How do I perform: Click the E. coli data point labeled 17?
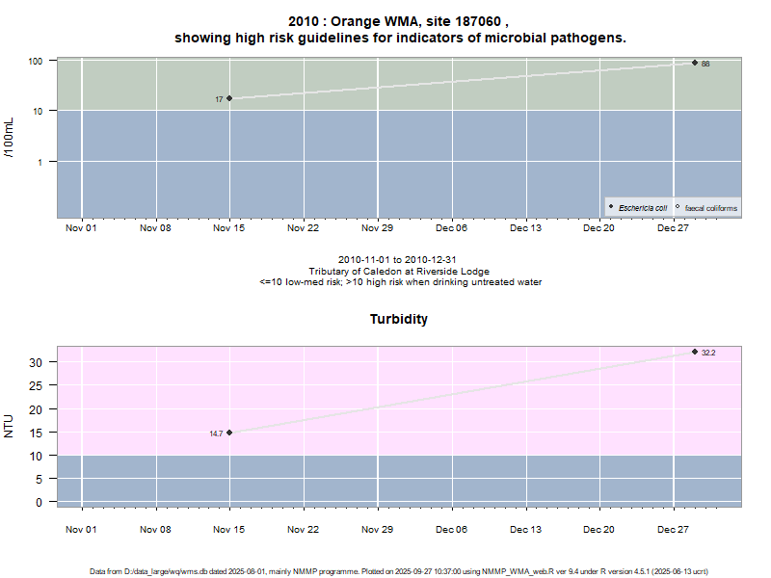(x=229, y=98)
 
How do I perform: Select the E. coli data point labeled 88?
(x=695, y=63)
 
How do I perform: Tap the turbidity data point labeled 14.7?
(x=229, y=433)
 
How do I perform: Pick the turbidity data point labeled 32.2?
(x=695, y=352)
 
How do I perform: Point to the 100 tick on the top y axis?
(x=37, y=61)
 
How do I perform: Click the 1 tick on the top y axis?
(x=40, y=162)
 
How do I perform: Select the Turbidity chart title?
(x=399, y=319)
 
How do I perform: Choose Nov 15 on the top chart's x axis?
(x=229, y=228)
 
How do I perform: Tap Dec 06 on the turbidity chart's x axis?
(x=451, y=529)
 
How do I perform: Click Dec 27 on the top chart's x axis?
(x=673, y=228)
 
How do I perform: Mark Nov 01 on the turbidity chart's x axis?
(x=81, y=529)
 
